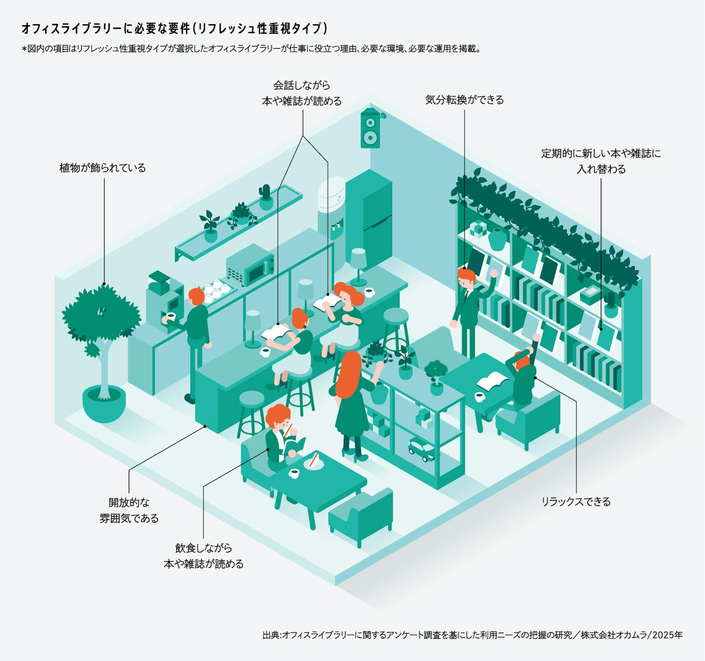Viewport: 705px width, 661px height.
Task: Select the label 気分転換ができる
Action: point(464,100)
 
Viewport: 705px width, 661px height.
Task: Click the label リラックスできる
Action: point(576,502)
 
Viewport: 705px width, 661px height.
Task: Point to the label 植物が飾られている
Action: point(103,168)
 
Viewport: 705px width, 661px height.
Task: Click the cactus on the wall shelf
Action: point(266,197)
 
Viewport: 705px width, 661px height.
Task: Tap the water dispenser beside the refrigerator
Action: point(331,207)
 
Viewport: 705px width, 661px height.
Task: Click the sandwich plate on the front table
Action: point(313,462)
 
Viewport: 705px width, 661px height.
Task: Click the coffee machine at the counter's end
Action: point(165,300)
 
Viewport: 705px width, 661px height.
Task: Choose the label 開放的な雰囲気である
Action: point(129,510)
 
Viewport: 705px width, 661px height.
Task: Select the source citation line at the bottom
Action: point(472,635)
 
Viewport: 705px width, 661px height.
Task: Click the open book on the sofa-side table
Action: point(493,380)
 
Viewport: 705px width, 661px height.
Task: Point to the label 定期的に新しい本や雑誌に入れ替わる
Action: point(601,161)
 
